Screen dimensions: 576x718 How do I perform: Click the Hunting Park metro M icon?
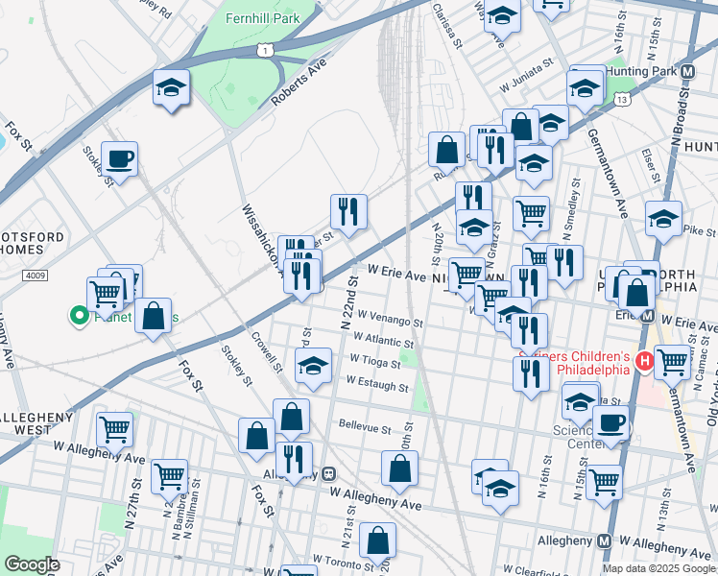(687, 72)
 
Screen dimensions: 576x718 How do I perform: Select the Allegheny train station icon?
(328, 473)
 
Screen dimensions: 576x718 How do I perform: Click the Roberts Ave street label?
(299, 82)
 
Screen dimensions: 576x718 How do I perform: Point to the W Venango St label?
(390, 319)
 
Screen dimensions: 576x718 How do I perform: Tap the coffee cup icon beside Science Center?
(610, 421)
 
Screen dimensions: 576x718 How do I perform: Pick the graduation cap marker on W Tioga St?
(313, 366)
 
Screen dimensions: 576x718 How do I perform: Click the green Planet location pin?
(76, 314)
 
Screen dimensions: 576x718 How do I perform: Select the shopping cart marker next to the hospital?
(672, 361)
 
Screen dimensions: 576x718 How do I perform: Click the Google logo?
(31, 564)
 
